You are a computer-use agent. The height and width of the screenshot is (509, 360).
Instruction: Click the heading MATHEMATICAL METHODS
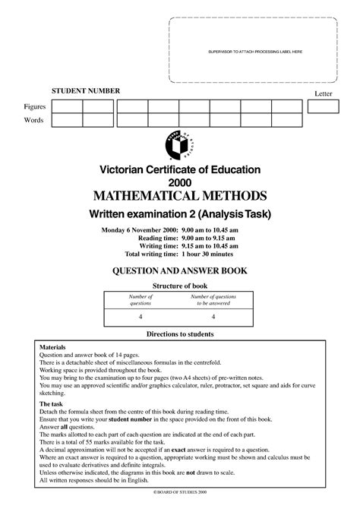pyautogui.click(x=179, y=195)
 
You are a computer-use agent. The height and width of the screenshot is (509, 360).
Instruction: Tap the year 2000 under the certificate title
pyautogui.click(x=179, y=182)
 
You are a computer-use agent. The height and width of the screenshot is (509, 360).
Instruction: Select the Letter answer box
pyautogui.click(x=324, y=106)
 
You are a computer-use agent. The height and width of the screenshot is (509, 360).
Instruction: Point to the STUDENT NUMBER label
pyautogui.click(x=86, y=90)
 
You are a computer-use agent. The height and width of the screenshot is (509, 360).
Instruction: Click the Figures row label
pyautogui.click(x=35, y=106)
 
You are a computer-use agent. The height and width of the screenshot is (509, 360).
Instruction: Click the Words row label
pyautogui.click(x=33, y=120)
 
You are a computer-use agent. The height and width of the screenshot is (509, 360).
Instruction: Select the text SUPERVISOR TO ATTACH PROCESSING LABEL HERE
pyautogui.click(x=255, y=51)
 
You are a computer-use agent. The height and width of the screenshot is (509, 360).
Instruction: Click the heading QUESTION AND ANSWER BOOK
pyautogui.click(x=179, y=271)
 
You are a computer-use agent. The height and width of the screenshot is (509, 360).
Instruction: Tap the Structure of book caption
pyautogui.click(x=180, y=286)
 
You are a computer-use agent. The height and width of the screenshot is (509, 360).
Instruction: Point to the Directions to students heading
pyautogui.click(x=179, y=334)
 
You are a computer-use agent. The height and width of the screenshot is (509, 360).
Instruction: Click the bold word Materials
pyautogui.click(x=53, y=346)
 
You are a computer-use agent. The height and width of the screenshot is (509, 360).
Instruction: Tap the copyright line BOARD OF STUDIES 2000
pyautogui.click(x=180, y=493)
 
